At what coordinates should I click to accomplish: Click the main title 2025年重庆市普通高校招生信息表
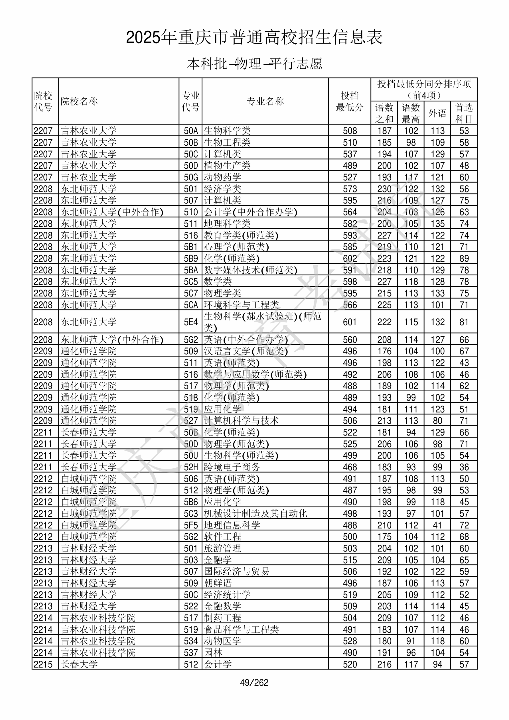coord(254,37)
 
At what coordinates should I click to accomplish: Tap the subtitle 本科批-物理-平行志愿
coord(254,64)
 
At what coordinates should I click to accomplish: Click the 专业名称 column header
coord(265,101)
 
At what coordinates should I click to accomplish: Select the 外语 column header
coord(437,113)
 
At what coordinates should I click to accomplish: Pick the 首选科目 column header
coord(464,113)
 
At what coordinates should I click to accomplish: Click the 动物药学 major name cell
coord(222,177)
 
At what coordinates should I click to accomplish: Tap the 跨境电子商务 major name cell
coord(232,467)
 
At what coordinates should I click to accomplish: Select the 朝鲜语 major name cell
coord(218,583)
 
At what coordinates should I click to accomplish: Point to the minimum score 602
coord(350,259)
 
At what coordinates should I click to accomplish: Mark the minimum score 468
coord(350,467)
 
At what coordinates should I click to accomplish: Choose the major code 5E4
coord(191,322)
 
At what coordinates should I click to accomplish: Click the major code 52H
coord(191,467)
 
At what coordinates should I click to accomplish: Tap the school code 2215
coord(43,664)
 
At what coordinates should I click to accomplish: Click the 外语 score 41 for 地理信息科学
coord(437,525)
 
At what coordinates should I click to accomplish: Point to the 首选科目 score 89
coord(464,259)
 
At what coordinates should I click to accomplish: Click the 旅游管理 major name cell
coord(222,548)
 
